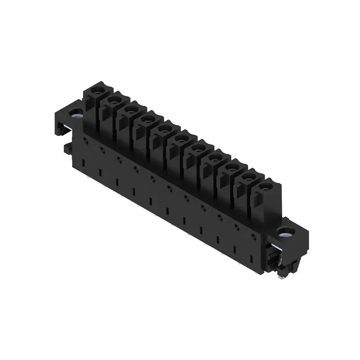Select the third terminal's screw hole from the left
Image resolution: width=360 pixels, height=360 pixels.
(x=130, y=109)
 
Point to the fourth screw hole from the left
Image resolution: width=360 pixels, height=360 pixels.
(x=146, y=118)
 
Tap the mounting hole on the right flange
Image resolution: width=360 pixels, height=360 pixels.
(x=283, y=233)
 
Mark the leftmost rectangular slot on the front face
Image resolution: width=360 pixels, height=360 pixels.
(x=83, y=162)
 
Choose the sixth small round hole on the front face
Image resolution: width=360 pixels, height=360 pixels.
(x=170, y=188)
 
